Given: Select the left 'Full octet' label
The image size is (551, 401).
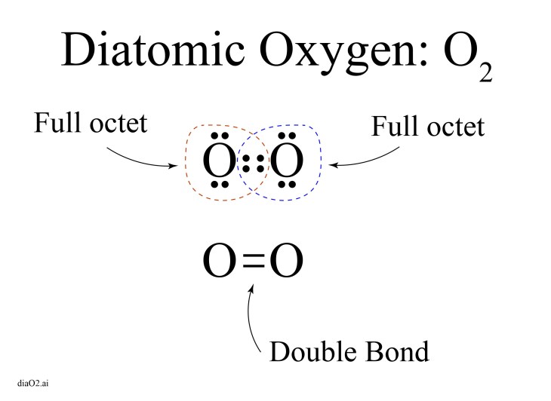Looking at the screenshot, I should pyautogui.click(x=90, y=124).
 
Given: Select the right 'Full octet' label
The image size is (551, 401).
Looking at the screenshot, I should pyautogui.click(x=427, y=125).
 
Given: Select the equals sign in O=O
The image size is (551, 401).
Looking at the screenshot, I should pyautogui.click(x=254, y=262).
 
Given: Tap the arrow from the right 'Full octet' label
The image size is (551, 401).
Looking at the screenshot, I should pyautogui.click(x=359, y=159).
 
